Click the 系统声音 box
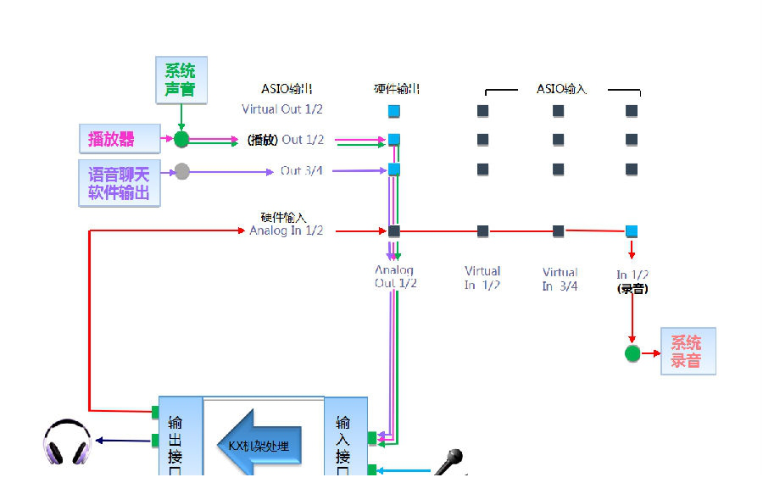181,80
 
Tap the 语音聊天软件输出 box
119,183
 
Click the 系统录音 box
688,352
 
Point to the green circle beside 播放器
181,139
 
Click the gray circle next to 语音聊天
181,171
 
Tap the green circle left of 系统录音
632,353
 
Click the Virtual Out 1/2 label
282,109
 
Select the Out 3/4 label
302,170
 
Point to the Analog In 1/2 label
287,230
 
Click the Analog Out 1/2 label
395,277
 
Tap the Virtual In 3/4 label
560,279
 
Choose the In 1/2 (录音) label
632,281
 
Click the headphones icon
68,442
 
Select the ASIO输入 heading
561,89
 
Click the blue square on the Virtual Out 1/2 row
393,111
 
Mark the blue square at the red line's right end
632,231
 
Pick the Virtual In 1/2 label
482,278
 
